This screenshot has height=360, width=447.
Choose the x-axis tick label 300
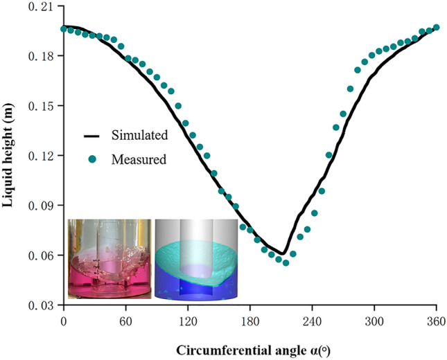click(374, 321)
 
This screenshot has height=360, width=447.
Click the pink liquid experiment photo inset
click(109, 259)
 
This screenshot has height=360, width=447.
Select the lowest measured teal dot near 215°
click(286, 263)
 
